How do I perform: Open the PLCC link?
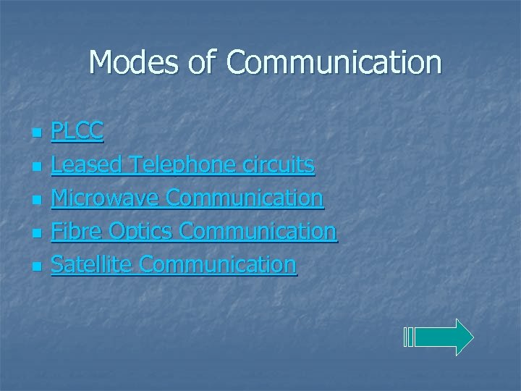tap(77, 131)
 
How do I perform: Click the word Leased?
tap(87, 164)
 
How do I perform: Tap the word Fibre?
tap(77, 231)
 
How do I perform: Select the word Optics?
tap(140, 231)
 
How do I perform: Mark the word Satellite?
tap(91, 264)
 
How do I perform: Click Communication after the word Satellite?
tap(218, 264)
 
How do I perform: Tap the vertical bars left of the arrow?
tap(409, 337)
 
